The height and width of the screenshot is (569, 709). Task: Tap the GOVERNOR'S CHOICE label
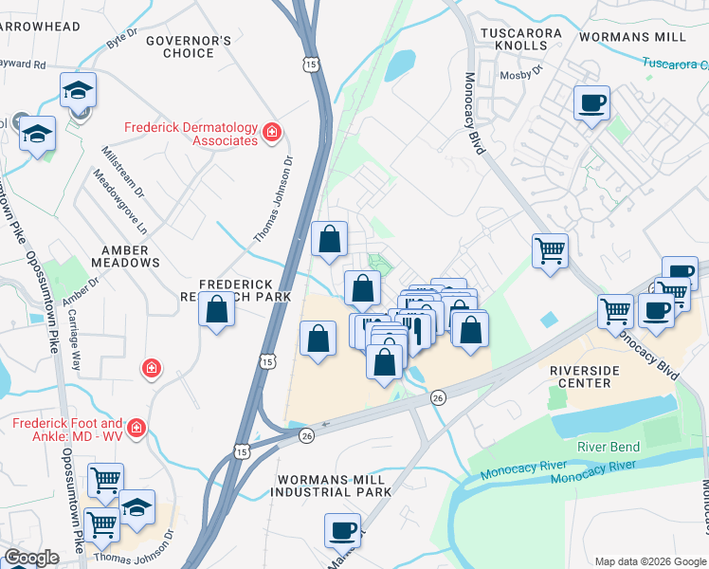(x=188, y=46)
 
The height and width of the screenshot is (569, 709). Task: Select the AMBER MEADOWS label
(x=125, y=255)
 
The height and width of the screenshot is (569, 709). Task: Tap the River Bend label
(x=609, y=447)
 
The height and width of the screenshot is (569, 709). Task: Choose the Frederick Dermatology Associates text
(x=192, y=134)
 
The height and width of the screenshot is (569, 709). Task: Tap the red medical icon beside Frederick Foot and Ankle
(x=137, y=430)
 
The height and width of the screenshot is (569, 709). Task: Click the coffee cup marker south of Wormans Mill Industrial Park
(x=342, y=530)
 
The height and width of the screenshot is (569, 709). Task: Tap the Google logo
(x=32, y=558)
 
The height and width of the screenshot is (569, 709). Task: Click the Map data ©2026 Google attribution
(x=650, y=561)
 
